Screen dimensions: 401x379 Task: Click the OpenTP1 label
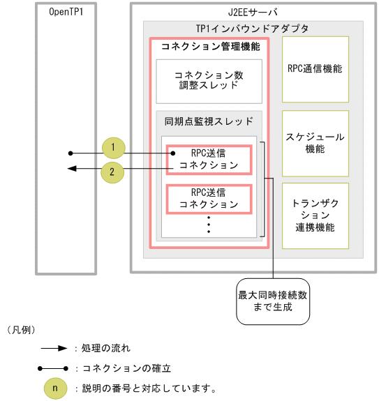[x=67, y=13]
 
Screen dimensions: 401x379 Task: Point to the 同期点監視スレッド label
[x=209, y=121]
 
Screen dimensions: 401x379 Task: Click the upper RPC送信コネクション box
[x=209, y=158]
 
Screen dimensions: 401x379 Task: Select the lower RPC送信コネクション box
[x=209, y=198]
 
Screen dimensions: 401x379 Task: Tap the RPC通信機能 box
[x=315, y=69]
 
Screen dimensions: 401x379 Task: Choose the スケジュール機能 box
[x=315, y=143]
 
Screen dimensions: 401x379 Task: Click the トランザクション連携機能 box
[x=315, y=215]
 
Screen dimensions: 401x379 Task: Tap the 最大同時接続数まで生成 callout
[x=273, y=301]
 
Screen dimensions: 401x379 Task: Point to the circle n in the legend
[x=56, y=387]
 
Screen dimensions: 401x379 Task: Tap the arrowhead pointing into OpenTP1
[x=70, y=168]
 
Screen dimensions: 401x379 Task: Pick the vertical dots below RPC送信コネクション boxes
[x=209, y=225]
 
